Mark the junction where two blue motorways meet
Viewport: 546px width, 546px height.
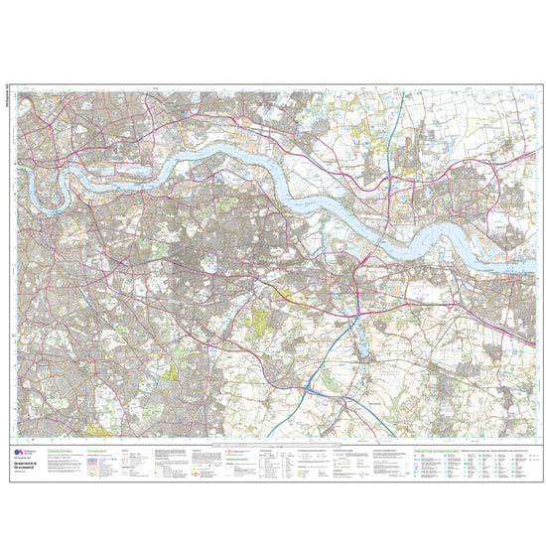click(310, 391)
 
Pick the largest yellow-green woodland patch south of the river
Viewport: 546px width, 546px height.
click(260, 322)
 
